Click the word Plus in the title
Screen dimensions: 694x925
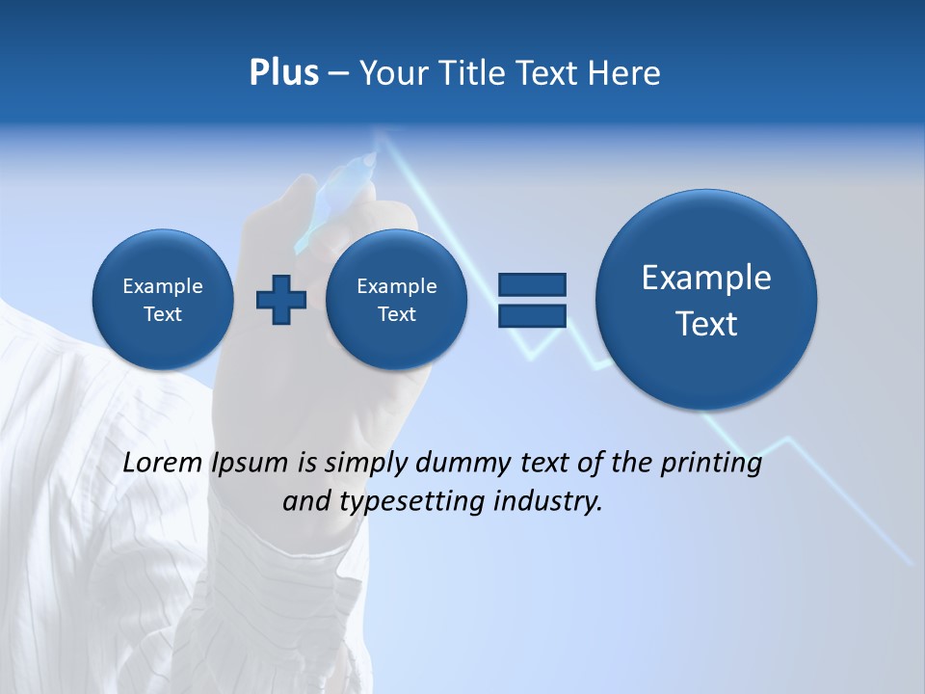pyautogui.click(x=283, y=73)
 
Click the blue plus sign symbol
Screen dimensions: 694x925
pyautogui.click(x=281, y=300)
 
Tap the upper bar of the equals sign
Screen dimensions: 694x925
pyautogui.click(x=532, y=284)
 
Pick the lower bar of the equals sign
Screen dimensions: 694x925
pyautogui.click(x=532, y=315)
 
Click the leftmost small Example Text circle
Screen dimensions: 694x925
pyautogui.click(x=162, y=300)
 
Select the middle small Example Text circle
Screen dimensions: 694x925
pyautogui.click(x=396, y=300)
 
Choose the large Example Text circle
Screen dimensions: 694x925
pyautogui.click(x=706, y=300)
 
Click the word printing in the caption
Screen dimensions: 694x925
pyautogui.click(x=712, y=465)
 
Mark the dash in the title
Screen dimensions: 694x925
pyautogui.click(x=338, y=74)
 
